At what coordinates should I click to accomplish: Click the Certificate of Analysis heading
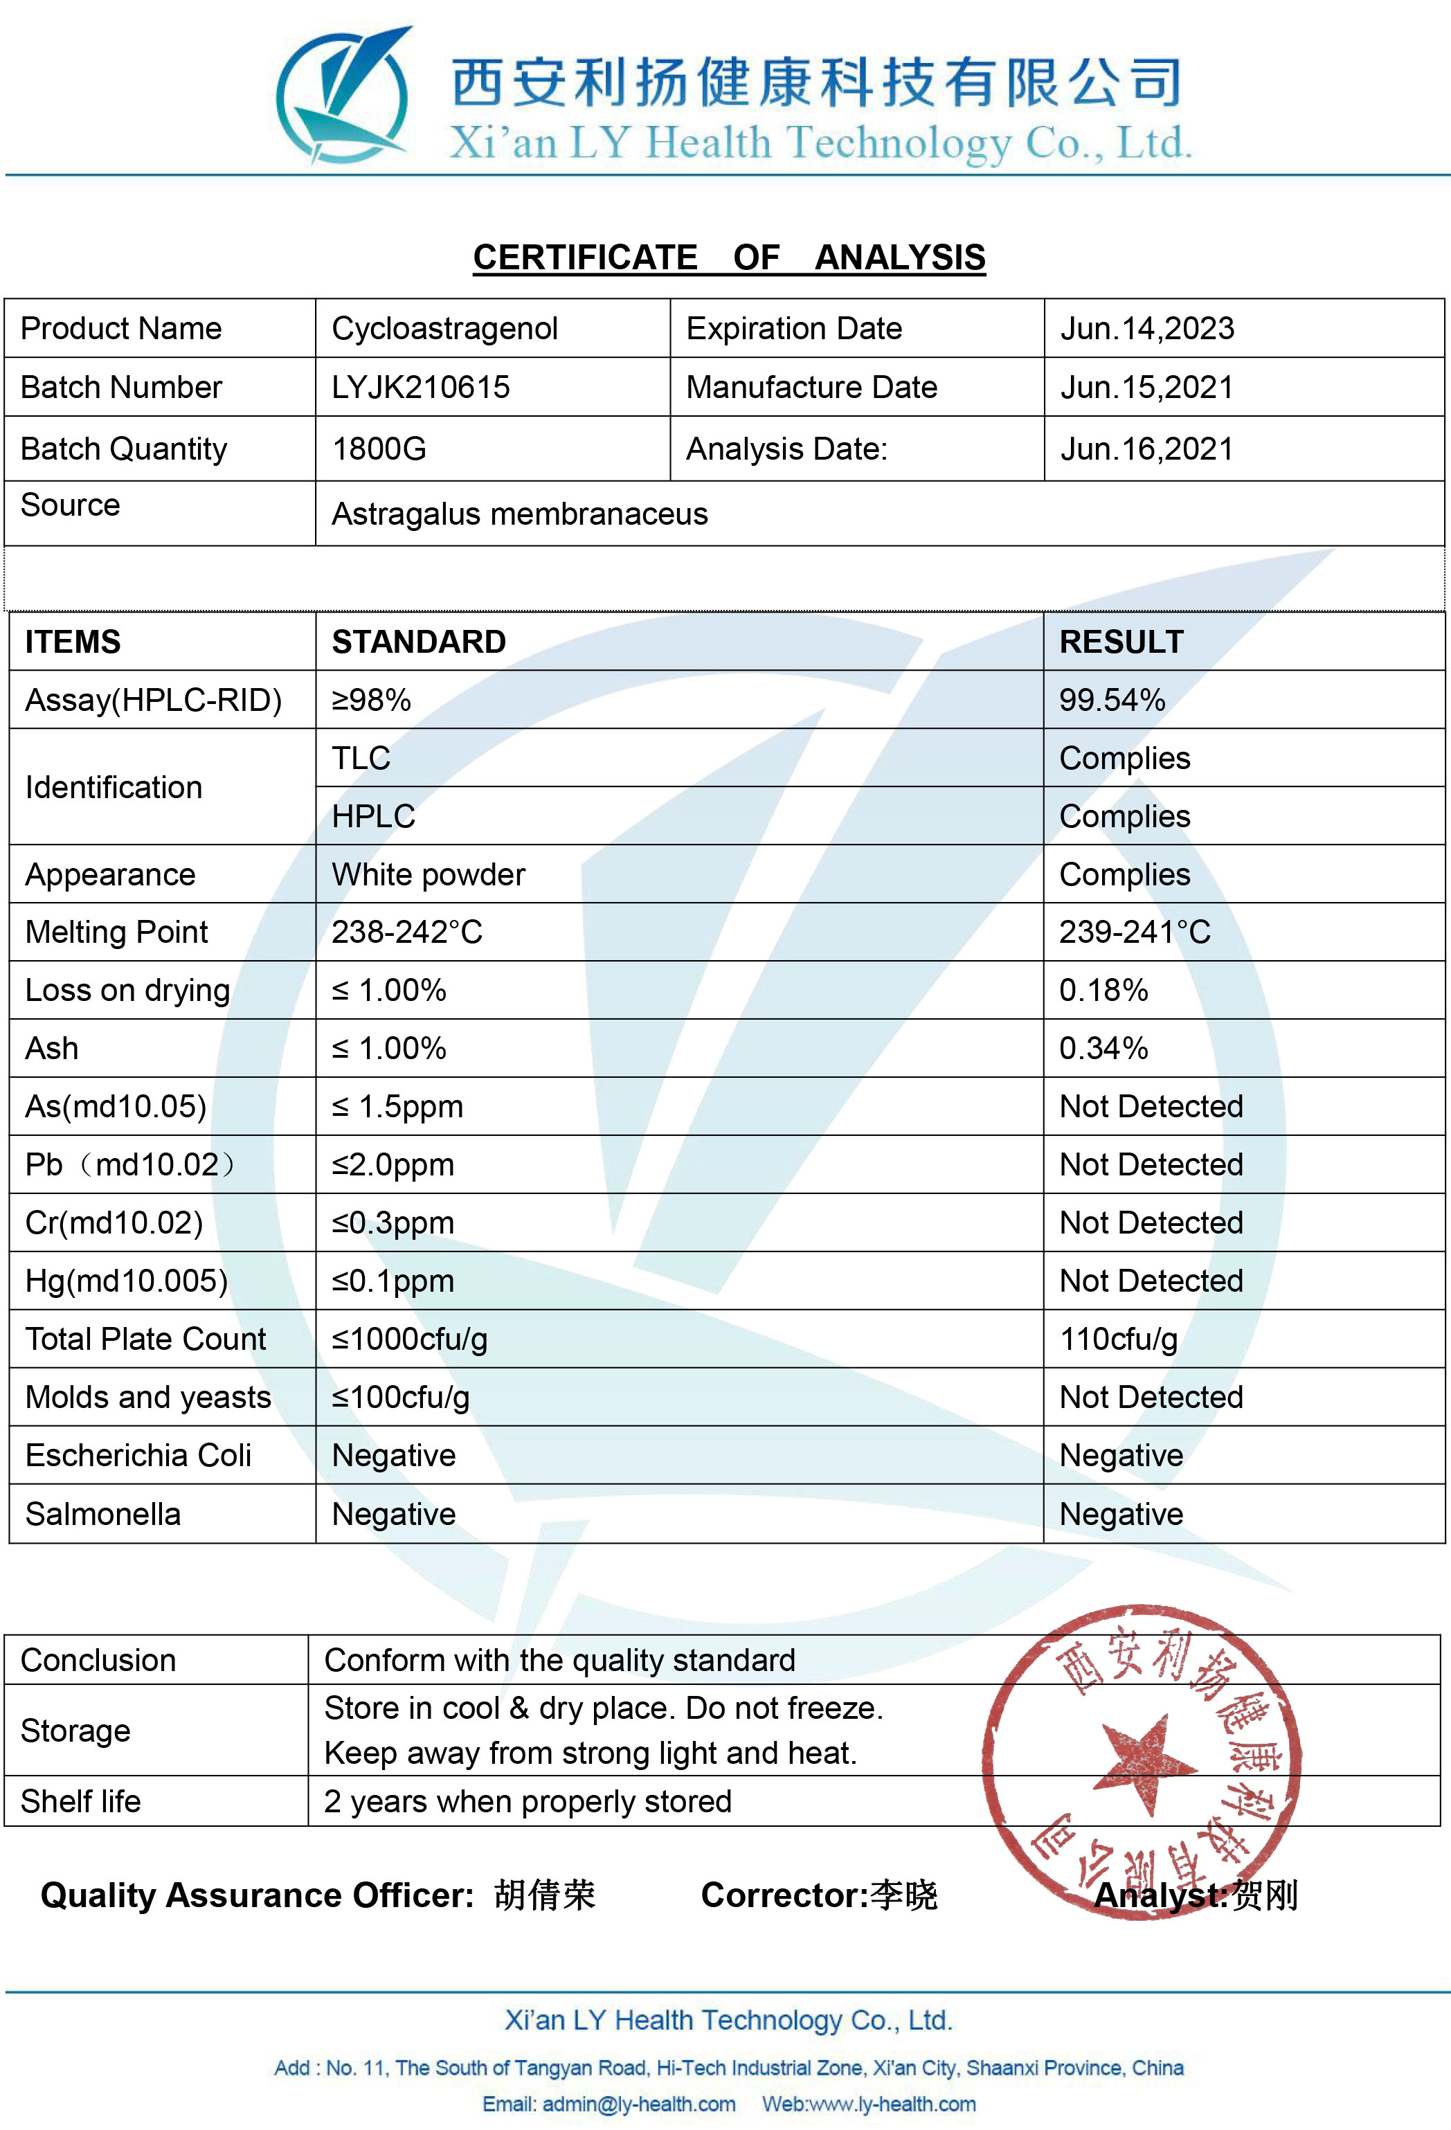(x=729, y=258)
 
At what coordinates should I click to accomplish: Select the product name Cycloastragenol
(x=444, y=328)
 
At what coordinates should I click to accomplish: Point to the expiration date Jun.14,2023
(x=1146, y=328)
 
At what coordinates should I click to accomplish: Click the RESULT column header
(x=1121, y=642)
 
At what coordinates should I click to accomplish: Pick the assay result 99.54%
(x=1112, y=701)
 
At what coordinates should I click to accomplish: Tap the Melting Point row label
(x=116, y=932)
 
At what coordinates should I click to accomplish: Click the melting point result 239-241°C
(x=1135, y=932)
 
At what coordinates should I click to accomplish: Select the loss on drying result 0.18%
(x=1103, y=990)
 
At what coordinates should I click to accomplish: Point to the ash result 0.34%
(x=1103, y=1049)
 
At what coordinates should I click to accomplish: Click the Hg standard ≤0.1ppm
(x=393, y=1281)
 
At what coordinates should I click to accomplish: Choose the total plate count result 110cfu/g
(x=1118, y=1339)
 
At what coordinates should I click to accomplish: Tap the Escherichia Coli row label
(x=138, y=1456)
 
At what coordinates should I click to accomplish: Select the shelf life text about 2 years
(x=528, y=1801)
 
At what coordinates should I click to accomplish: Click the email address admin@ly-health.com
(x=639, y=2104)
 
